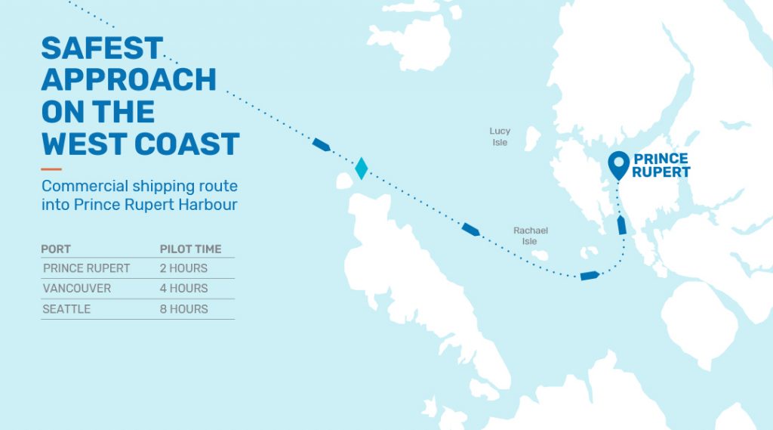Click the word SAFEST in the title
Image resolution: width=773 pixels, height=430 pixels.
click(102, 48)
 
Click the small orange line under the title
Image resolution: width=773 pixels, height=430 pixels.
click(51, 169)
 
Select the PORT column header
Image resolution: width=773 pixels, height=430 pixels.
click(56, 249)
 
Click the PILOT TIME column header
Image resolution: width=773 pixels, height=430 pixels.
click(190, 249)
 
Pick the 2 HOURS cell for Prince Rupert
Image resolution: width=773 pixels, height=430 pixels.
click(183, 268)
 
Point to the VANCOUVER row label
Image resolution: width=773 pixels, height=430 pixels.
click(77, 289)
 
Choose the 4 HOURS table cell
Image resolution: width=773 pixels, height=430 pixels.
click(183, 289)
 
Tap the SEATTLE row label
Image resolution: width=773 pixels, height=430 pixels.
click(67, 309)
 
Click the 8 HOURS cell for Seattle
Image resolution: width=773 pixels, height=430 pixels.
click(183, 309)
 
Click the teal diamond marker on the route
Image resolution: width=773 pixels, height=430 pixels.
click(362, 168)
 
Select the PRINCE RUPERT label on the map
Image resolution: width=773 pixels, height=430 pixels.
click(661, 166)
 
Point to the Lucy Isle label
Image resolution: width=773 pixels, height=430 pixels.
click(500, 137)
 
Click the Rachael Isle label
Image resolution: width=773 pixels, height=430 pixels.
click(531, 236)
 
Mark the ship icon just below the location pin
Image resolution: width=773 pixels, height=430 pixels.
click(621, 225)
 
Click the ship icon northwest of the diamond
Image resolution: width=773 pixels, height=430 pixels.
click(321, 144)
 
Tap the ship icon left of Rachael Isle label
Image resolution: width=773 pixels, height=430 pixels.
click(470, 229)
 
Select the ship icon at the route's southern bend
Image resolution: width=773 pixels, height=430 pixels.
click(589, 275)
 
